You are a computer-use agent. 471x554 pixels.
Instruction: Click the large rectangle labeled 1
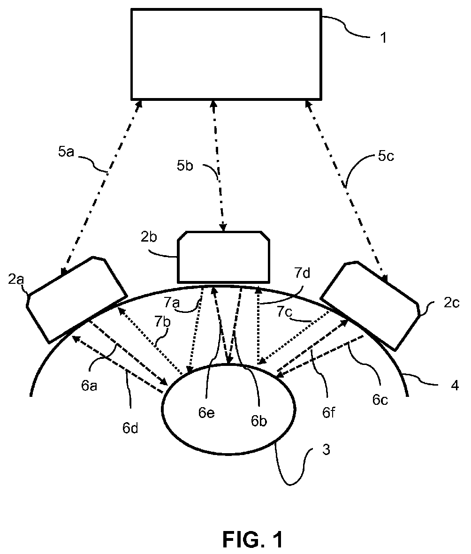click(x=226, y=53)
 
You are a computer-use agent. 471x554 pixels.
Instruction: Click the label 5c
click(x=386, y=156)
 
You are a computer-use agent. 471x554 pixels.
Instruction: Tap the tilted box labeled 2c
click(x=370, y=304)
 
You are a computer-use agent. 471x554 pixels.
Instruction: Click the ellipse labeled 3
click(x=228, y=408)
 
